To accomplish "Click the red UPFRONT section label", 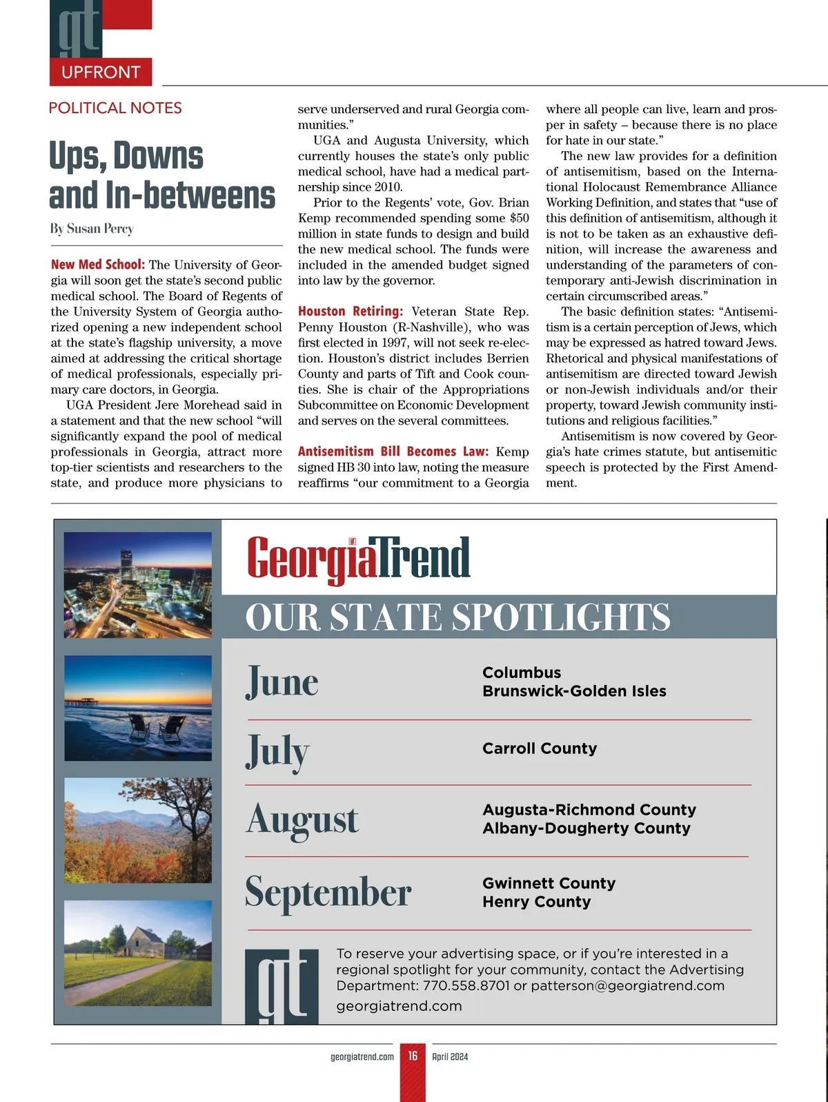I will click(101, 72).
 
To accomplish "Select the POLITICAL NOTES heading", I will click(115, 108).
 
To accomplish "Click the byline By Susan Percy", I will click(92, 229).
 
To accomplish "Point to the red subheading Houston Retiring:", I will click(351, 311).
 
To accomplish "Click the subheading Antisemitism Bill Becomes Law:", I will click(393, 452).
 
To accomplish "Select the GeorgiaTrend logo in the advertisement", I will click(359, 559).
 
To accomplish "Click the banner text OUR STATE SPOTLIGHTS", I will click(457, 617).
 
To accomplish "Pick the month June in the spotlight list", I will click(282, 681).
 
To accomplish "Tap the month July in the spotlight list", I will click(277, 751).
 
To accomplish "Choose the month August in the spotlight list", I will click(302, 820).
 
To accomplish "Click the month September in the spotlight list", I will click(328, 892).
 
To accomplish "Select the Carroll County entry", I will click(540, 748).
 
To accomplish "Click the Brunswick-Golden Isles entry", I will click(574, 691).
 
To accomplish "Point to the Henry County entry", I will click(536, 902).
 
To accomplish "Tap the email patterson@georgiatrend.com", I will click(628, 985).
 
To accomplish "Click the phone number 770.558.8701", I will click(466, 985).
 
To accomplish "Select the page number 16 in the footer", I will click(413, 1056).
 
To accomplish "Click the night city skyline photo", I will click(138, 585).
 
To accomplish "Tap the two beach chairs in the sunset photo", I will click(157, 726).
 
